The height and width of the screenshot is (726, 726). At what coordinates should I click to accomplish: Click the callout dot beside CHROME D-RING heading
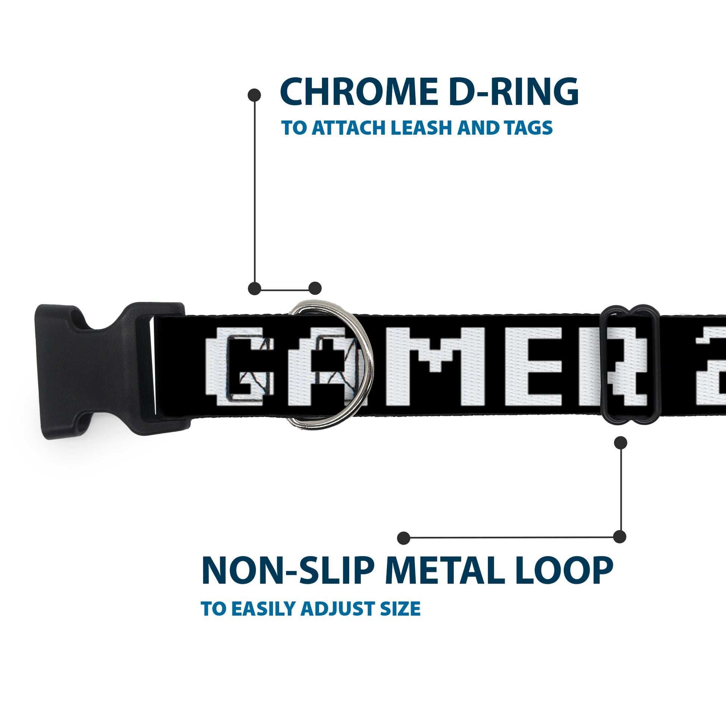coord(254,95)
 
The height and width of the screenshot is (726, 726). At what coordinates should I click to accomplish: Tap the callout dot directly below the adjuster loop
coord(620,442)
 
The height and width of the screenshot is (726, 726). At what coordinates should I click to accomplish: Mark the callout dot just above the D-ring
coord(315,288)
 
